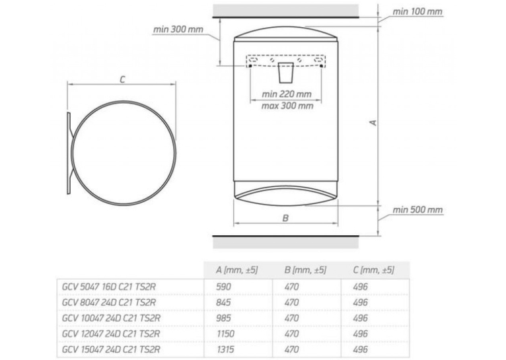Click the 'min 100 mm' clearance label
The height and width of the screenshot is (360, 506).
(417, 12)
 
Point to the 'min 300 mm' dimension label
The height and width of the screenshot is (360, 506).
(178, 29)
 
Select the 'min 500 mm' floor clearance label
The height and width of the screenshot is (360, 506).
(417, 210)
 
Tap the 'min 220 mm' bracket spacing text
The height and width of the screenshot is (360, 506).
(287, 94)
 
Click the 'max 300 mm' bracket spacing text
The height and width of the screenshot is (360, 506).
(287, 106)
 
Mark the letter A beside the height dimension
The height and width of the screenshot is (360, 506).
(373, 123)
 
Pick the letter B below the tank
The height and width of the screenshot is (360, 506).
(285, 218)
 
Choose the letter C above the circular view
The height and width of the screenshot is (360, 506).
(122, 79)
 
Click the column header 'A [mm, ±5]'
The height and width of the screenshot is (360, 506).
(237, 270)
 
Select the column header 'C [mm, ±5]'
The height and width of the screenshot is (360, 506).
(373, 270)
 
